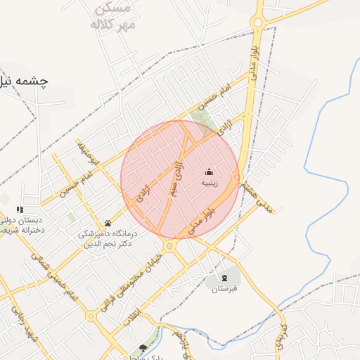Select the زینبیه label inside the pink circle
[x=210, y=183]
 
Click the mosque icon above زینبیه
[x=209, y=172]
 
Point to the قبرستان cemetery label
[x=226, y=288]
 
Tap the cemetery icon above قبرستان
[x=225, y=277]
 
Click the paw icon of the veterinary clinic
[x=108, y=223]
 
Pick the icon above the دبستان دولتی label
[x=20, y=210]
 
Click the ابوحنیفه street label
[x=89, y=153]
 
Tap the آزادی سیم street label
[x=175, y=179]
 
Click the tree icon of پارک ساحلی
[x=143, y=348]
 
